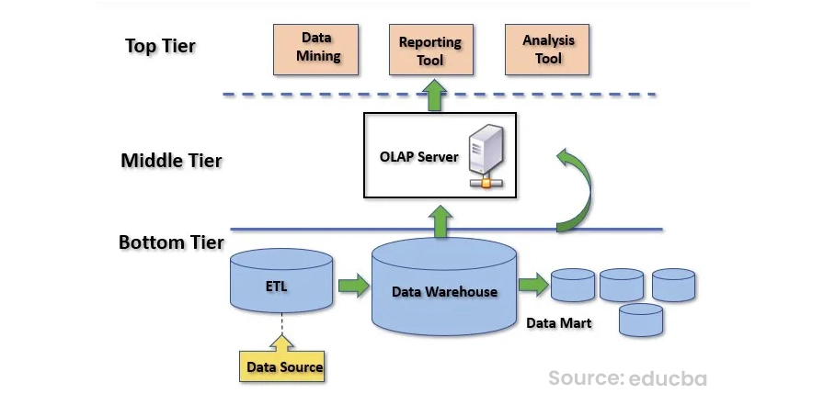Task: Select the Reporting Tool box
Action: point(429,50)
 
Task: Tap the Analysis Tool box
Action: point(548,50)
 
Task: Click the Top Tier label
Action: point(160,46)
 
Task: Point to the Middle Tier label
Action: point(171,161)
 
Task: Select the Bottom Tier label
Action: point(171,242)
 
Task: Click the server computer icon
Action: point(485,158)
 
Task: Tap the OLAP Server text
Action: point(418,156)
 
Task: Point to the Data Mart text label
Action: point(558,323)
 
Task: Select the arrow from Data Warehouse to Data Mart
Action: point(532,286)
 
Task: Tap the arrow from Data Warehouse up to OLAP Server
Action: point(441,220)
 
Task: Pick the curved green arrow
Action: point(576,188)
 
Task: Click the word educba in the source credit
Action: point(668,377)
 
